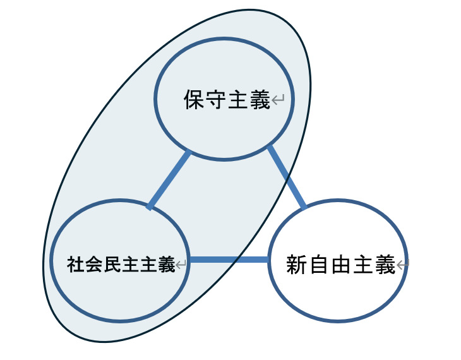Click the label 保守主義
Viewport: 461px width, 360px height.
coord(227,100)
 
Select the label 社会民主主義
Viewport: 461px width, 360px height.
coord(121,264)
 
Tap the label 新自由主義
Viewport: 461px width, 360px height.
coord(341,265)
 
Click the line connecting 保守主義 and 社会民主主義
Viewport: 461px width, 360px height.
coord(170,180)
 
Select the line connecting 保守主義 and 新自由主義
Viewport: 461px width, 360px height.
coord(287,177)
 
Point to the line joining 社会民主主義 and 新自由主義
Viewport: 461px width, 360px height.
coord(229,260)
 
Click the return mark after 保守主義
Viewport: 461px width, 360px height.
coord(278,99)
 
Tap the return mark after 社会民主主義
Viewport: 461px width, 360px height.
coord(181,264)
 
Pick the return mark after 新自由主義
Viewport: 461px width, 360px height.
coord(402,265)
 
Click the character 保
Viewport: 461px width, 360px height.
coord(195,100)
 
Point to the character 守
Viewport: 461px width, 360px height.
coord(216,100)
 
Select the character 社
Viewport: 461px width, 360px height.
coord(76,264)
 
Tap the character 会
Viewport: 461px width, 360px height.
coord(94,264)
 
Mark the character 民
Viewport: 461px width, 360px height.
coord(112,264)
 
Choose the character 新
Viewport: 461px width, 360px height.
coord(297,265)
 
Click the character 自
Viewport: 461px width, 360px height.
coord(319,265)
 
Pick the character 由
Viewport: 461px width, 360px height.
coord(341,265)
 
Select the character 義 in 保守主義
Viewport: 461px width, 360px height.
coord(260,100)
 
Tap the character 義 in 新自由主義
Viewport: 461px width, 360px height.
coord(385,265)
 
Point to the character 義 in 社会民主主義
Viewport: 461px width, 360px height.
coord(167,264)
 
